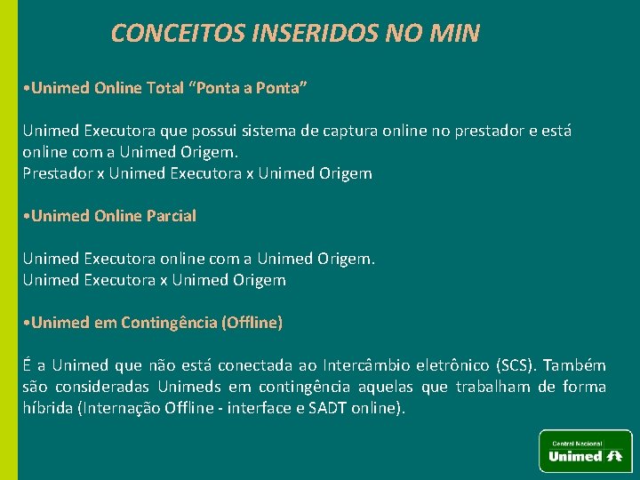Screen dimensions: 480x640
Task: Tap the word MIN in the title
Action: pyautogui.click(x=454, y=34)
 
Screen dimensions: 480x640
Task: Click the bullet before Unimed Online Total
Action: pyautogui.click(x=27, y=89)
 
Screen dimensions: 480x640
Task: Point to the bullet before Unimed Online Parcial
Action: pyautogui.click(x=27, y=216)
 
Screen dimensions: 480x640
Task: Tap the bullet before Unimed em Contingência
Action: pyautogui.click(x=27, y=323)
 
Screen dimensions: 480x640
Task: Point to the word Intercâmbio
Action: pyautogui.click(x=366, y=365)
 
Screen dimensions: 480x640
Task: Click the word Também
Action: pyautogui.click(x=574, y=365)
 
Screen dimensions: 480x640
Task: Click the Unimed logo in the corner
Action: pyautogui.click(x=585, y=451)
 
